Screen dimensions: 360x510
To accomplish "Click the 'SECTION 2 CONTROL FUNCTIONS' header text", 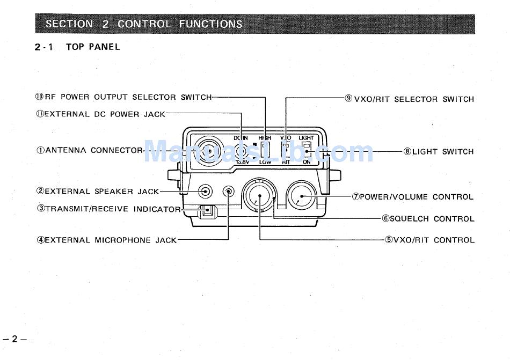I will pyautogui.click(x=144, y=24).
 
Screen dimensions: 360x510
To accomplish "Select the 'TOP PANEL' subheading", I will pyautogui.click(x=93, y=47).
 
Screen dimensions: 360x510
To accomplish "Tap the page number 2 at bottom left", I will pyautogui.click(x=16, y=339).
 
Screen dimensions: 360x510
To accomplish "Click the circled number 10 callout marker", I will pyautogui.click(x=39, y=97).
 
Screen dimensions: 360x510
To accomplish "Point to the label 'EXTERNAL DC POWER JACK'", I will pyautogui.click(x=105, y=114).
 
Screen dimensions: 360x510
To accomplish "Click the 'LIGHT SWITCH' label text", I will pyautogui.click(x=443, y=152).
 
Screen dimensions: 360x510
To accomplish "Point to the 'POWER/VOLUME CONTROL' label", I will pyautogui.click(x=416, y=197).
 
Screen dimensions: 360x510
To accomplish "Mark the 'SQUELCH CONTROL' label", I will pyautogui.click(x=432, y=219).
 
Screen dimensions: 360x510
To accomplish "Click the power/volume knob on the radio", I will pyautogui.click(x=301, y=196).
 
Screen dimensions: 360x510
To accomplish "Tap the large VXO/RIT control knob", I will pyautogui.click(x=260, y=196).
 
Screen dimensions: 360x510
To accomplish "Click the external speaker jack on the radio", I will pyautogui.click(x=205, y=191).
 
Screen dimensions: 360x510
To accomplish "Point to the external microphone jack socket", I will pyautogui.click(x=229, y=192).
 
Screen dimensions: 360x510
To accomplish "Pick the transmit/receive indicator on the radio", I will pyautogui.click(x=206, y=212).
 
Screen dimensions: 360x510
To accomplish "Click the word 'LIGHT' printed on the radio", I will pyautogui.click(x=306, y=138).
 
